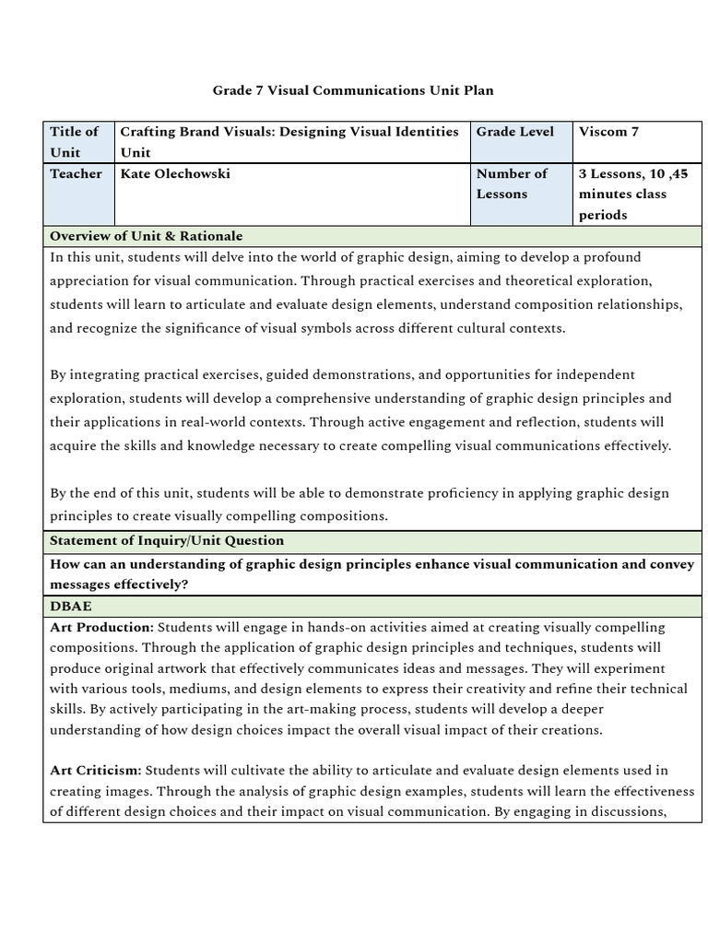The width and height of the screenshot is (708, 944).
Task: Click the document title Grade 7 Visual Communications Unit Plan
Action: [x=353, y=90]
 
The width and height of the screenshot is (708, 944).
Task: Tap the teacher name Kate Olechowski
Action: [x=175, y=173]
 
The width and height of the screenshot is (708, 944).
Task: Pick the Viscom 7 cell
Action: [x=608, y=132]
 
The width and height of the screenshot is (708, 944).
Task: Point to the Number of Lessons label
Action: [x=512, y=183]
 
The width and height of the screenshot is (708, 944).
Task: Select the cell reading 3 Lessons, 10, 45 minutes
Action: [x=632, y=194]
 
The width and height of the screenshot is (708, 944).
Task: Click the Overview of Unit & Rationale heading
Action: [x=146, y=236]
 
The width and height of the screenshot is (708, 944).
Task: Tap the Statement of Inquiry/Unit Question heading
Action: [x=166, y=540]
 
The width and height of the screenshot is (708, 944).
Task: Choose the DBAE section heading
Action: [x=70, y=606]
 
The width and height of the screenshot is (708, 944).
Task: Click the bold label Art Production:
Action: [x=101, y=627]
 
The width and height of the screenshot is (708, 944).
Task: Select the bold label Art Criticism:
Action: [x=96, y=770]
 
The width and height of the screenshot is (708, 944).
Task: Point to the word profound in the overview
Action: [x=611, y=257]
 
